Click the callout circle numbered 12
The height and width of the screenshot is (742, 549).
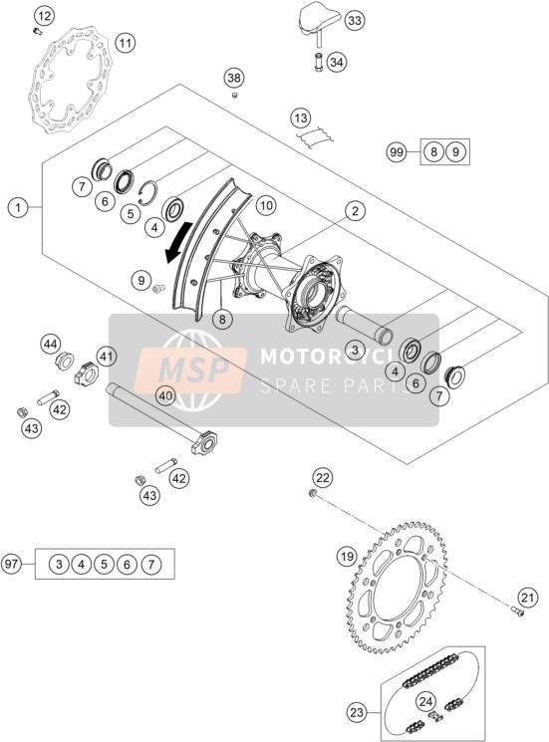tap(44, 17)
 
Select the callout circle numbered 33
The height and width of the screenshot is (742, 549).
tap(355, 20)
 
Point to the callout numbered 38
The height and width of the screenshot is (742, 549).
tap(234, 78)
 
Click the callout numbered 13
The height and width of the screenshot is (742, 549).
tap(301, 118)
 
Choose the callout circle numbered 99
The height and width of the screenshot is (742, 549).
tap(397, 152)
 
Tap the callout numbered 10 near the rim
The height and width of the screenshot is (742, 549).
tap(266, 205)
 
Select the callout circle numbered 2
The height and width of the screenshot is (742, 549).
tap(355, 210)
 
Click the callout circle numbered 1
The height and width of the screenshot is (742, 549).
tap(18, 207)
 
